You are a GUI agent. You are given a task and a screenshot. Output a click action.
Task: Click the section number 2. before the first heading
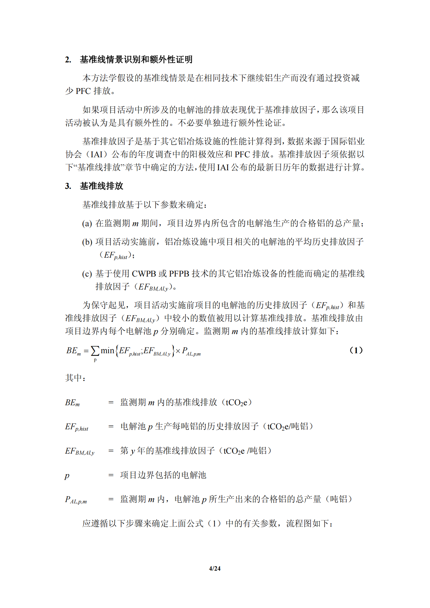coord(68,59)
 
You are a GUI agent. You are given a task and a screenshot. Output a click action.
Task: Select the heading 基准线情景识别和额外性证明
coord(136,59)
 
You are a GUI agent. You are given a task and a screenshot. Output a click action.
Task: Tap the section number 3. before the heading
coord(68,186)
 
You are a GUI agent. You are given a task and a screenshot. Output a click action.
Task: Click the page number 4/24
coord(215,568)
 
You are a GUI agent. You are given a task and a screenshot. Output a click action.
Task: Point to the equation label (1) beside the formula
coord(356,350)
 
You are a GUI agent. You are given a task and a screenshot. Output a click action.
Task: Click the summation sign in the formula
coord(95,351)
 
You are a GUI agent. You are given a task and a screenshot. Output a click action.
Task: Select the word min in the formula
coord(107,351)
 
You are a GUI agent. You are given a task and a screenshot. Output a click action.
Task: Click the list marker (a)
coord(87,224)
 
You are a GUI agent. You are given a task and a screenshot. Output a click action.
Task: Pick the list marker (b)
coord(87,242)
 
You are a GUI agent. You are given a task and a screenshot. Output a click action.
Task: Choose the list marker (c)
coord(87,274)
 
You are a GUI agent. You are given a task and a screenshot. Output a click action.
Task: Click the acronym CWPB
coord(144,274)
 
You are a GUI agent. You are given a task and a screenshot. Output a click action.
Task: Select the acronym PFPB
coord(179,274)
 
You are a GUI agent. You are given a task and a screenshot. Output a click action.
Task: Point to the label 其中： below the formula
coord(75,378)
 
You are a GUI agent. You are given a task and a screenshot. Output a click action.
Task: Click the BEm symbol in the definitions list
coord(72,403)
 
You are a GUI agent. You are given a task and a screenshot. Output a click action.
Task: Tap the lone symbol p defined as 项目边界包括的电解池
coord(67,476)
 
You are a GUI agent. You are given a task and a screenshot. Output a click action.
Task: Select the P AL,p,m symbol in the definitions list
coord(76,500)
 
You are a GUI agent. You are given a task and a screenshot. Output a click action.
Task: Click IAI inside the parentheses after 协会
coord(97,154)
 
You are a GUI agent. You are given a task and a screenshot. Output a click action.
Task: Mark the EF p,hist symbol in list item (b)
coord(115,255)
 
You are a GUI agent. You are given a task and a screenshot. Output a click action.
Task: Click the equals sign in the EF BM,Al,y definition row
coord(111,451)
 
